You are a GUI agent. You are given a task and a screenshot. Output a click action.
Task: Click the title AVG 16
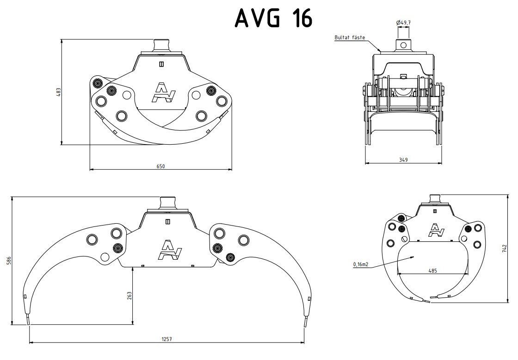coord(274,18)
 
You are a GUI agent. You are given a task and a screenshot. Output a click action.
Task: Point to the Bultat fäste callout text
coord(349,37)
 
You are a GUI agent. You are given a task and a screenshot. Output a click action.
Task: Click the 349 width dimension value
coord(403,160)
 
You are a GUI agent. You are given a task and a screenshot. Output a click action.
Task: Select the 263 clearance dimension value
coord(129,295)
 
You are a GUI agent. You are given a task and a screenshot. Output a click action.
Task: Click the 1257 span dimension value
coord(166,339)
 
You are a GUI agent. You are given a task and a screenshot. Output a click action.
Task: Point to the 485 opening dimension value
coord(432,271)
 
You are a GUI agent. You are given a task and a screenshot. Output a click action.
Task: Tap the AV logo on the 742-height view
coord(435,230)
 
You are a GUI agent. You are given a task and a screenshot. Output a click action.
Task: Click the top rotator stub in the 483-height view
coord(161,45)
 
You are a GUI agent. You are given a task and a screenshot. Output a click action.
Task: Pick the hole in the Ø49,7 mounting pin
coord(403,45)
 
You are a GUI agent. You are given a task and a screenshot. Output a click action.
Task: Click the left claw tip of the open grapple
coord(28,321)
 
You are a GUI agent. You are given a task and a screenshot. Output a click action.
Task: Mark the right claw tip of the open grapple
coord(305,321)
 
